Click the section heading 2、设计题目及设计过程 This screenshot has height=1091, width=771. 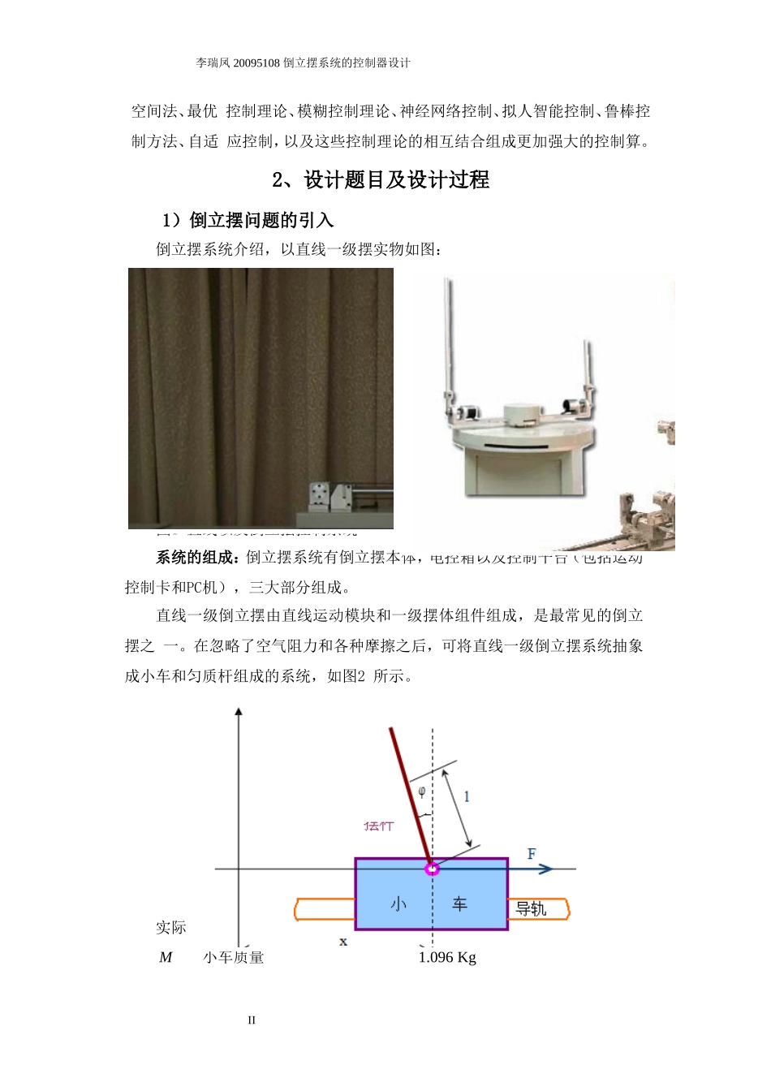click(x=381, y=180)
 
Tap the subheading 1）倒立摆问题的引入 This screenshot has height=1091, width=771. click(x=248, y=220)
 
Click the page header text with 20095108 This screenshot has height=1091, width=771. click(x=303, y=63)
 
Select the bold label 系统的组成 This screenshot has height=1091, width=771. click(x=197, y=558)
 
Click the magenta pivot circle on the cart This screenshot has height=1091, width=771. click(x=433, y=869)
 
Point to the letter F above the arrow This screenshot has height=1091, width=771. click(x=532, y=853)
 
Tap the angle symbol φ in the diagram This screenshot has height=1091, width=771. click(x=421, y=791)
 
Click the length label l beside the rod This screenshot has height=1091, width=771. click(x=467, y=796)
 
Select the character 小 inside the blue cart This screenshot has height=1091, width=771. click(x=398, y=903)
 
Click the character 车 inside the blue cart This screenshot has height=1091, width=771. click(x=460, y=903)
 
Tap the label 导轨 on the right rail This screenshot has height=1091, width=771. click(x=532, y=909)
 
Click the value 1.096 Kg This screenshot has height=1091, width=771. click(x=447, y=958)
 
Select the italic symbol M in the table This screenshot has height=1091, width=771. click(x=166, y=958)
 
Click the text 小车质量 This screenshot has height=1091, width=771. click(x=234, y=958)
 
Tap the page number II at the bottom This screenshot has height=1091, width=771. click(x=252, y=1020)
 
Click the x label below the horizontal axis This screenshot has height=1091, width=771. click(x=343, y=942)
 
